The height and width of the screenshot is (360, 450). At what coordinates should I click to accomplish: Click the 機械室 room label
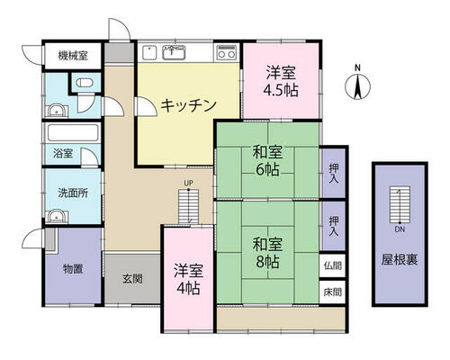(73, 56)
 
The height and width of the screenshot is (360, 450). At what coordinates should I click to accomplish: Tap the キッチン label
(188, 105)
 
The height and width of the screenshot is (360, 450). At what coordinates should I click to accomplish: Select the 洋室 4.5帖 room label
(281, 81)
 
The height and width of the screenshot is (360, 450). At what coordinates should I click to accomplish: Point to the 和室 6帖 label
(267, 160)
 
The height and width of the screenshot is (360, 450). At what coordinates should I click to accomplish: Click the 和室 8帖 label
(267, 253)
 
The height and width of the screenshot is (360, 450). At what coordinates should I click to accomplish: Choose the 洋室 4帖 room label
(188, 280)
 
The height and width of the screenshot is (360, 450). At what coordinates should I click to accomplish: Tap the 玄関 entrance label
(132, 279)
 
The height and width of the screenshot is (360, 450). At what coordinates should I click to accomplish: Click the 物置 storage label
(73, 268)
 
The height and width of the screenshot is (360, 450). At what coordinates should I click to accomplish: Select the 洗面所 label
(73, 193)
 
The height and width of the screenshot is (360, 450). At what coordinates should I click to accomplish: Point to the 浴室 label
(63, 153)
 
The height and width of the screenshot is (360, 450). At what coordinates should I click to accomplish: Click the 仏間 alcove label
(333, 265)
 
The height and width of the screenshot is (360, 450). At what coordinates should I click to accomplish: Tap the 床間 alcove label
(333, 292)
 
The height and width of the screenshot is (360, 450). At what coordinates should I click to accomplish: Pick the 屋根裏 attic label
(400, 259)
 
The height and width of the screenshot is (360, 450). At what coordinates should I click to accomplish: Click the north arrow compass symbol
(357, 86)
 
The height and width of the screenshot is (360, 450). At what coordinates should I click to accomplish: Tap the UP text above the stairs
(188, 183)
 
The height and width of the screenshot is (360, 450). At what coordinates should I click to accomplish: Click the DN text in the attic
(400, 229)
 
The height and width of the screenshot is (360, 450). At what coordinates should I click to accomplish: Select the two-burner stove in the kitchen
(227, 52)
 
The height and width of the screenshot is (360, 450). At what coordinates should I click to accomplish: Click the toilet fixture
(85, 82)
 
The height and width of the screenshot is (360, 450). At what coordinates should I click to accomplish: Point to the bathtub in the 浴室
(73, 132)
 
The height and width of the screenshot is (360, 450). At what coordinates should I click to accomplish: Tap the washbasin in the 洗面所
(57, 217)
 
